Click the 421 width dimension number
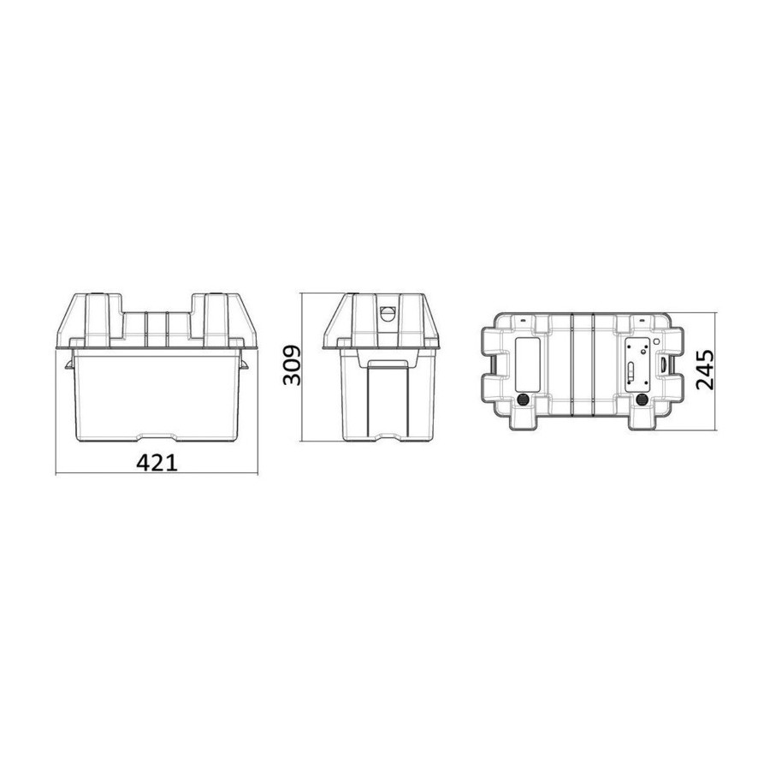(157, 463)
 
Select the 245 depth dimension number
(705, 370)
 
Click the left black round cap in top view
(524, 400)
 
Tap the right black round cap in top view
(642, 400)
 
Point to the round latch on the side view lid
(388, 313)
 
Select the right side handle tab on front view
(244, 364)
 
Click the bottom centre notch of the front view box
(157, 436)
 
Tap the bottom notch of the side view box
(387, 436)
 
